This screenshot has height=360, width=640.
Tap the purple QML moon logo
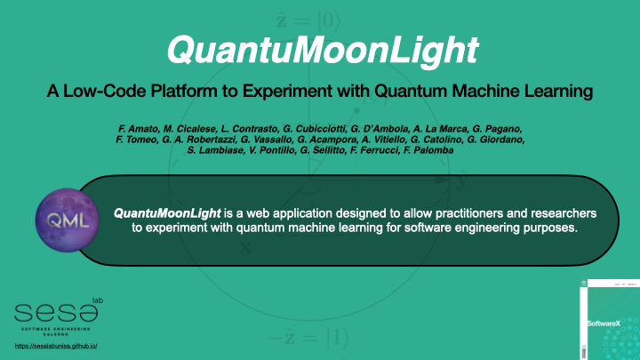coord(61,220)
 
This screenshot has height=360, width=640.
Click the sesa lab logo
coord(59,312)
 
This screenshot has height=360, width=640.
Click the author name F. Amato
coord(125,130)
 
